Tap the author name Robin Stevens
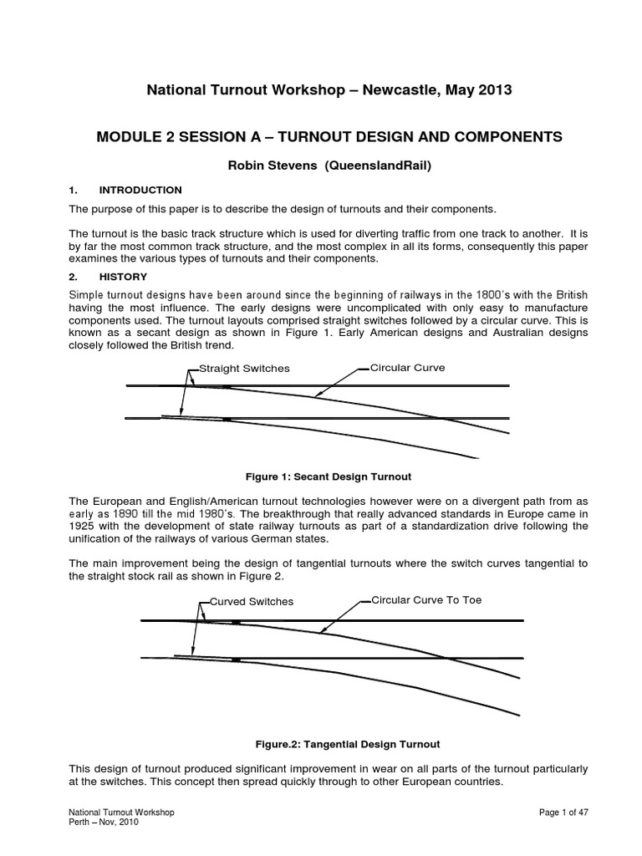pyautogui.click(x=266, y=166)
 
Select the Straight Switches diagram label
pyautogui.click(x=243, y=369)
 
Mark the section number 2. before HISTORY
pyautogui.click(x=72, y=276)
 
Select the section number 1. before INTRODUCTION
pyautogui.click(x=72, y=190)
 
